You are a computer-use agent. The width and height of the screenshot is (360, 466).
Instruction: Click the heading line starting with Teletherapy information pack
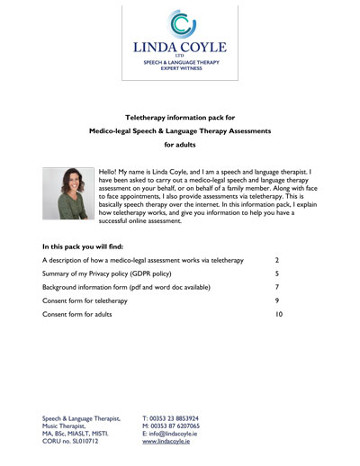pyautogui.click(x=180, y=117)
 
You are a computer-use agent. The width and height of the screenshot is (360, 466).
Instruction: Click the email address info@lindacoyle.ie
pyautogui.click(x=176, y=435)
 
